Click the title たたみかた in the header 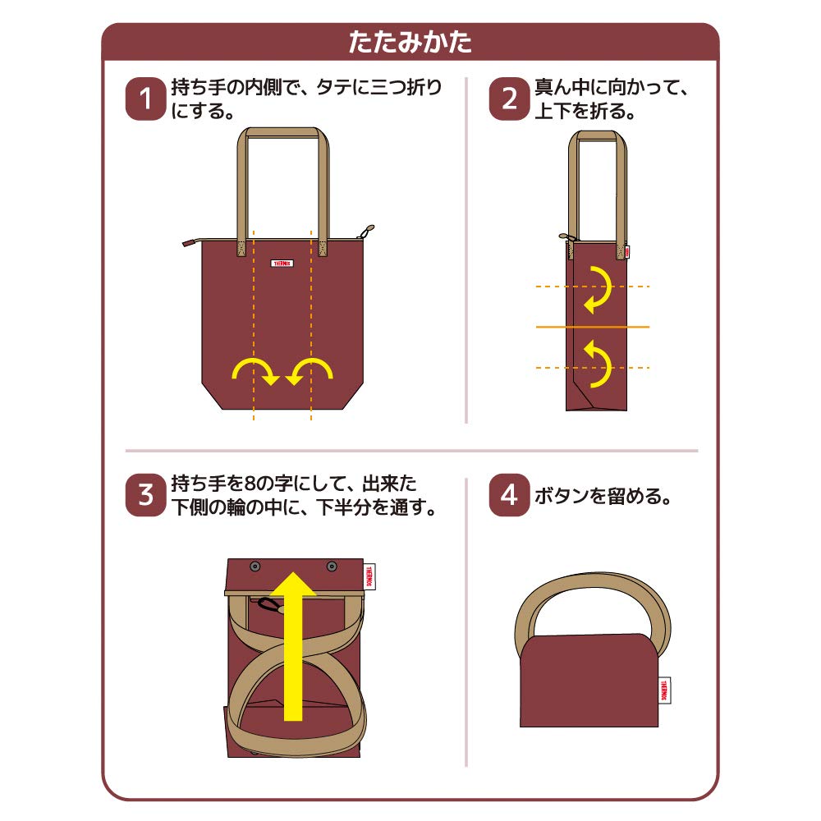tap(410, 42)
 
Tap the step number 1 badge tap(145, 99)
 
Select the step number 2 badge tap(510, 99)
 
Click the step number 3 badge tap(145, 495)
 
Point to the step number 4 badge tap(510, 495)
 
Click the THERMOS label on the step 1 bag tap(282, 264)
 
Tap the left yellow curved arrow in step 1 tap(255, 372)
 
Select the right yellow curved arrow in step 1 tap(310, 372)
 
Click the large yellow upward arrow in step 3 tap(294, 647)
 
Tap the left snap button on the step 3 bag tap(255, 566)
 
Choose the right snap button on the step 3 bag tap(332, 566)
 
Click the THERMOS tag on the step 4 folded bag tap(664, 690)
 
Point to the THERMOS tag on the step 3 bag tap(369, 576)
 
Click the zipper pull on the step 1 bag tap(366, 232)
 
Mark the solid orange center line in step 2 tap(593, 327)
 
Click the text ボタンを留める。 tap(603, 495)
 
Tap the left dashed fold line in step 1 tap(254, 325)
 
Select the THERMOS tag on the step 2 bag tap(626, 252)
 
